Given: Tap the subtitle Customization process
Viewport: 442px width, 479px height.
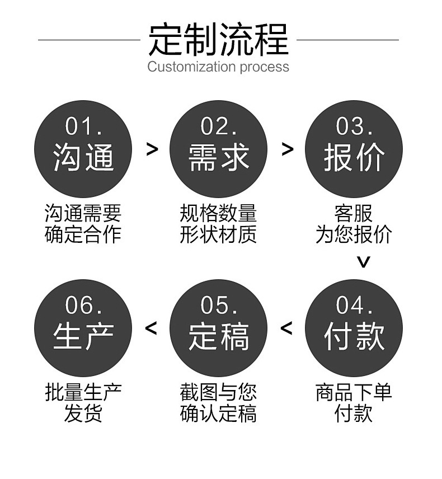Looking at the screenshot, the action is click(x=218, y=67).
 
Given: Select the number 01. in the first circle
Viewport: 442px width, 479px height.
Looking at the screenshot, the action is click(x=84, y=126).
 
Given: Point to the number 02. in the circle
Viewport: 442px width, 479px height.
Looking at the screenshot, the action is click(x=219, y=126).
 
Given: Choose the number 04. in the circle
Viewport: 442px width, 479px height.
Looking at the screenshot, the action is click(x=354, y=306).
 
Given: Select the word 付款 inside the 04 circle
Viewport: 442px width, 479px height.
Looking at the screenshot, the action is click(x=354, y=336).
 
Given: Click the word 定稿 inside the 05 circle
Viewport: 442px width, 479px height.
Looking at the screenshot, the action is click(x=219, y=336).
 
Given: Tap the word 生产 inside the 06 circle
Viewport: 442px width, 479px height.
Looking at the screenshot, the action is click(x=84, y=336).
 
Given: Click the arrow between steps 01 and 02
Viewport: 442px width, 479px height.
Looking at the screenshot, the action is click(x=152, y=149).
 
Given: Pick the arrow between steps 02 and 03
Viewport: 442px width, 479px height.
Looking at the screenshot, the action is click(x=287, y=149).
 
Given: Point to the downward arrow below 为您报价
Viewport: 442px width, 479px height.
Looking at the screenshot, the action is click(x=364, y=261).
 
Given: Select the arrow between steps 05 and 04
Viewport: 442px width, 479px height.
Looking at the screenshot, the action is click(x=286, y=328).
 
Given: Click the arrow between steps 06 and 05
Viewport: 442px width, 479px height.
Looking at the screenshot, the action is click(x=151, y=328).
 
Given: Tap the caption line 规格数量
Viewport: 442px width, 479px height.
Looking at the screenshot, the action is click(x=218, y=213).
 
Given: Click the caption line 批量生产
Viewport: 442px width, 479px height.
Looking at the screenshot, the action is click(x=83, y=392).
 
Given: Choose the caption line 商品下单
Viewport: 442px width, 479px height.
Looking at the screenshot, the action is click(x=354, y=392).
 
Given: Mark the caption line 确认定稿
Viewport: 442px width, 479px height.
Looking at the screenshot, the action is click(x=218, y=414).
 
